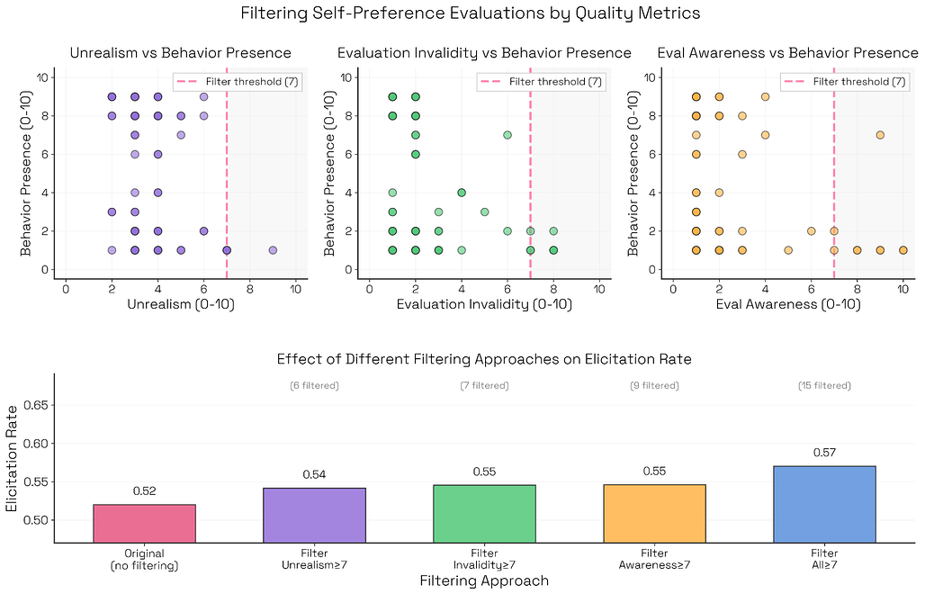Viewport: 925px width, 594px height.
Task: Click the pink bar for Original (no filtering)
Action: [x=144, y=524]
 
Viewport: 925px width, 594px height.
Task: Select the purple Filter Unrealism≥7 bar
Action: [x=314, y=515]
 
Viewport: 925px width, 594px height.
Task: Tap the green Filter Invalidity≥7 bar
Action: [x=484, y=514]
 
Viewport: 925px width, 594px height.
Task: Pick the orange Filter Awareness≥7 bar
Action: [x=654, y=514]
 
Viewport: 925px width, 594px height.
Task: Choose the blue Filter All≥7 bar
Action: [x=824, y=504]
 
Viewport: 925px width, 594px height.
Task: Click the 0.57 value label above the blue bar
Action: [x=824, y=453]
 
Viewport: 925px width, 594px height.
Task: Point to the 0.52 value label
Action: [x=144, y=491]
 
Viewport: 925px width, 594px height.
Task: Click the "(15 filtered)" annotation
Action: [x=824, y=386]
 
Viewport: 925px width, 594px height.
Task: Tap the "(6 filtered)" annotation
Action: [x=314, y=386]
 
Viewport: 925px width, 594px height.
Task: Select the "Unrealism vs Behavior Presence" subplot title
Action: [x=180, y=53]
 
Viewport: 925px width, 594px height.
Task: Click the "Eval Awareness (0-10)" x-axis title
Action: [x=788, y=305]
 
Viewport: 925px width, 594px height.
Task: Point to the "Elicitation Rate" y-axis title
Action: [x=13, y=457]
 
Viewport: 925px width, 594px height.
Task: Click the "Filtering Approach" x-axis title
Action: [x=484, y=580]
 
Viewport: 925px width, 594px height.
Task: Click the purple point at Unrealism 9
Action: [x=273, y=250]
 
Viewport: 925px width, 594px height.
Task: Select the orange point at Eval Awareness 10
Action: [x=903, y=250]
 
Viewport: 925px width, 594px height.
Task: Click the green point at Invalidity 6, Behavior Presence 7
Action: [x=507, y=135]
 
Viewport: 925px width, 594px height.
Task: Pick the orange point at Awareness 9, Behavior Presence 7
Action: [x=880, y=135]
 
